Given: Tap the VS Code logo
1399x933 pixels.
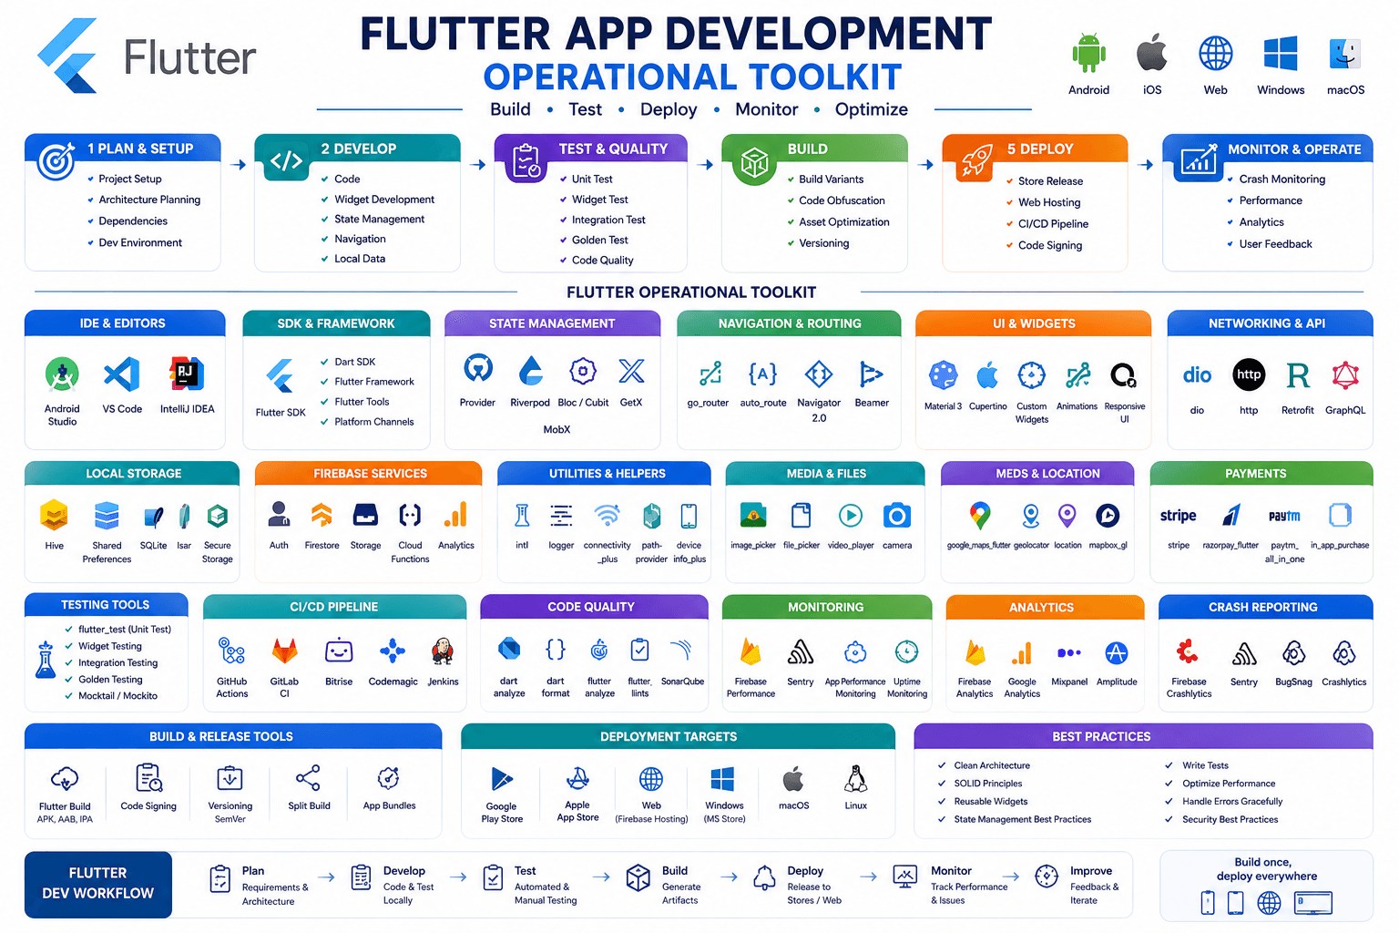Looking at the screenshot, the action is tap(122, 374).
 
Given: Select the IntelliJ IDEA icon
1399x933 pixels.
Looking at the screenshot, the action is tap(187, 374).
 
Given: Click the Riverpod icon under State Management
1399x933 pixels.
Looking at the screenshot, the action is tap(530, 371).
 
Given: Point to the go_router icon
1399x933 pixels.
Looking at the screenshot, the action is tap(710, 373).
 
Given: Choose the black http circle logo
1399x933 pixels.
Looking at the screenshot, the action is tap(1249, 374).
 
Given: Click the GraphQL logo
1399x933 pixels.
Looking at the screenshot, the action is tap(1345, 375).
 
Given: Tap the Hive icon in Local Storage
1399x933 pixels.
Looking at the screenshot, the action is tap(55, 515).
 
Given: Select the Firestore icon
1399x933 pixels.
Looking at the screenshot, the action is tap(322, 515).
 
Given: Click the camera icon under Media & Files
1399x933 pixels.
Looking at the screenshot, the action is tap(897, 516).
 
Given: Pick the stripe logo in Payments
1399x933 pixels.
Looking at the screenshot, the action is tap(1178, 516).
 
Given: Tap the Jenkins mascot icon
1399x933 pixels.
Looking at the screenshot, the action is tap(443, 651).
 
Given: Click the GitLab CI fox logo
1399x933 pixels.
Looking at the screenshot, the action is tap(285, 651).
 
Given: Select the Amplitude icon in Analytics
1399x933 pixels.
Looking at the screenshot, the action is tap(1116, 653).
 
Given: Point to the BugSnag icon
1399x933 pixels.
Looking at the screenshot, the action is tap(1293, 653).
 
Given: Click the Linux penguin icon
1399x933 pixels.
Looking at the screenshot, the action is tap(855, 779).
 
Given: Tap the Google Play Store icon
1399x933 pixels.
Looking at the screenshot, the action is tap(502, 780).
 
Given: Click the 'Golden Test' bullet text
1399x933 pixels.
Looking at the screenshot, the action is tap(599, 240).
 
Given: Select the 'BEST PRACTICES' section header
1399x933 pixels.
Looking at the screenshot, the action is tap(1101, 737).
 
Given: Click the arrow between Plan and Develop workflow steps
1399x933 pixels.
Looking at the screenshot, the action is tap(326, 878).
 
